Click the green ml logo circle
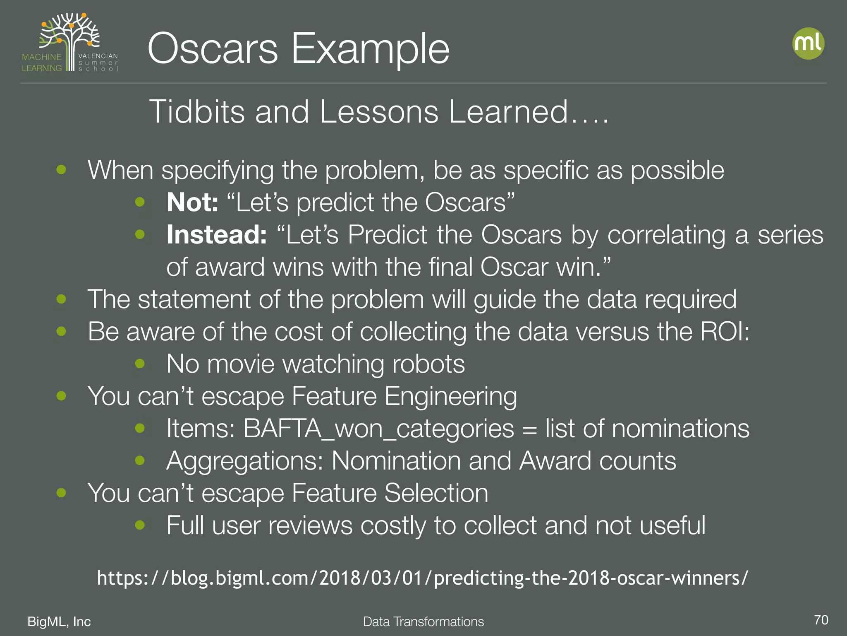[808, 43]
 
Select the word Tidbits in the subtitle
[196, 112]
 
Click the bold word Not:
[192, 202]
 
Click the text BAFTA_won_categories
[378, 429]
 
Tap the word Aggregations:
[244, 461]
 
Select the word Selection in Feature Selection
[436, 493]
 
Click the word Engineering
[450, 396]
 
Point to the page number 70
[821, 620]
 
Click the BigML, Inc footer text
[59, 622]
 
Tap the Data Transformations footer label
[423, 622]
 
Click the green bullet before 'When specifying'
[61, 170]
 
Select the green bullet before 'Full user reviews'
[140, 525]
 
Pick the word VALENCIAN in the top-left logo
[98, 56]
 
